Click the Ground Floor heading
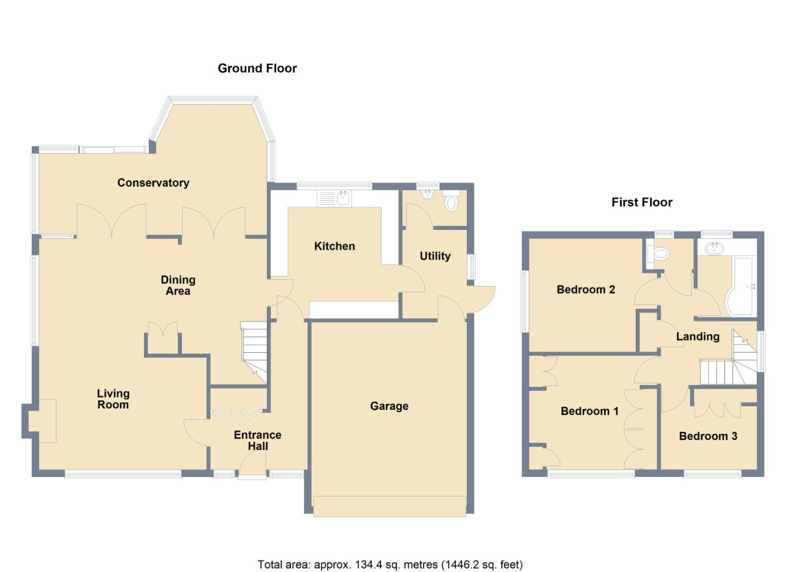(257, 68)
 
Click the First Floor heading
(641, 202)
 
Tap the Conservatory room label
(153, 183)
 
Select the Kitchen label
(334, 246)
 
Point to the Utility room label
(435, 256)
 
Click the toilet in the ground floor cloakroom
(451, 202)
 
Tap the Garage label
(389, 406)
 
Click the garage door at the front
(390, 506)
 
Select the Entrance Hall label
(258, 441)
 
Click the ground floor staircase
(255, 350)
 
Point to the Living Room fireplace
(42, 421)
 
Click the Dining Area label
(178, 285)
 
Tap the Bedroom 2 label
(586, 290)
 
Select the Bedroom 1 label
(589, 411)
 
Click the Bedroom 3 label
(708, 436)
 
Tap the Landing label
(697, 337)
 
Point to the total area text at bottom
(390, 565)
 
